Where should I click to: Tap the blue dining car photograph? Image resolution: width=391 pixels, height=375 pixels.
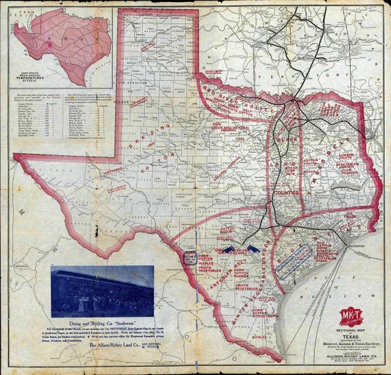point(102,292)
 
